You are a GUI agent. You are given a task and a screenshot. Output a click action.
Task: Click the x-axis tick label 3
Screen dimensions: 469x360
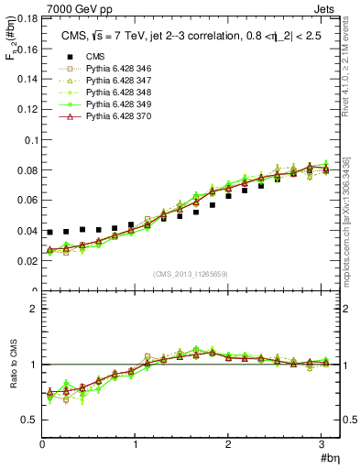(x=323, y=443)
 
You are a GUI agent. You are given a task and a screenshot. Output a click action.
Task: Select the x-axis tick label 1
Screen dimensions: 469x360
(x=136, y=443)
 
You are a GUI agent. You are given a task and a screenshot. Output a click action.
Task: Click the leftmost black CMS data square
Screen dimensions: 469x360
(x=49, y=233)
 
